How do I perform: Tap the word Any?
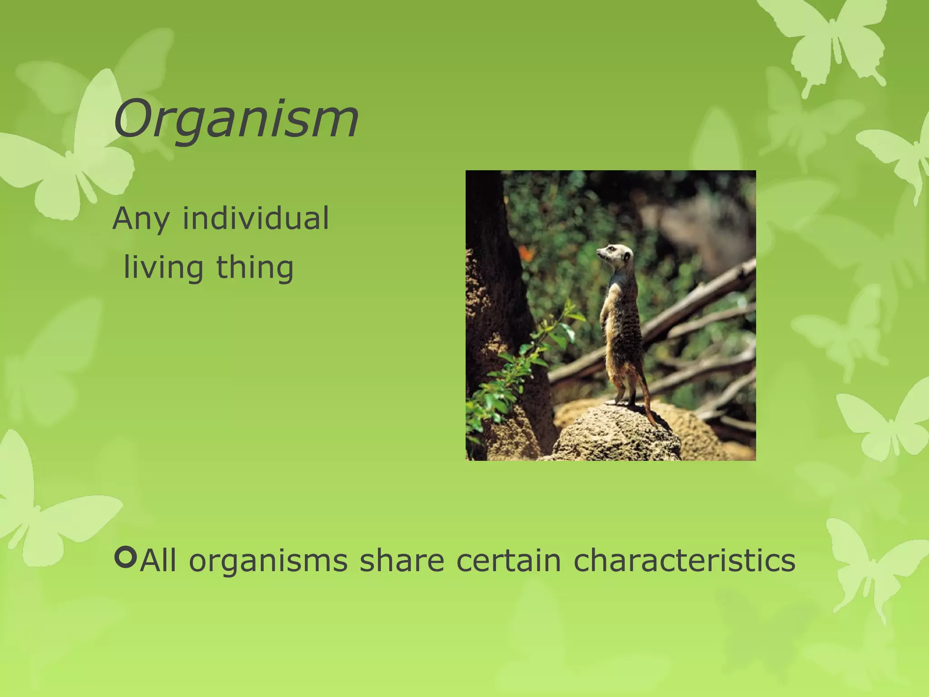(x=141, y=219)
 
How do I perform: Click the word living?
(x=163, y=268)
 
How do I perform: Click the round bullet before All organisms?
(x=126, y=558)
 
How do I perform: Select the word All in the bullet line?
(x=158, y=560)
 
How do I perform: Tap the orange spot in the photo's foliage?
(x=526, y=252)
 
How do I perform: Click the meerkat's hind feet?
(x=621, y=401)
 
